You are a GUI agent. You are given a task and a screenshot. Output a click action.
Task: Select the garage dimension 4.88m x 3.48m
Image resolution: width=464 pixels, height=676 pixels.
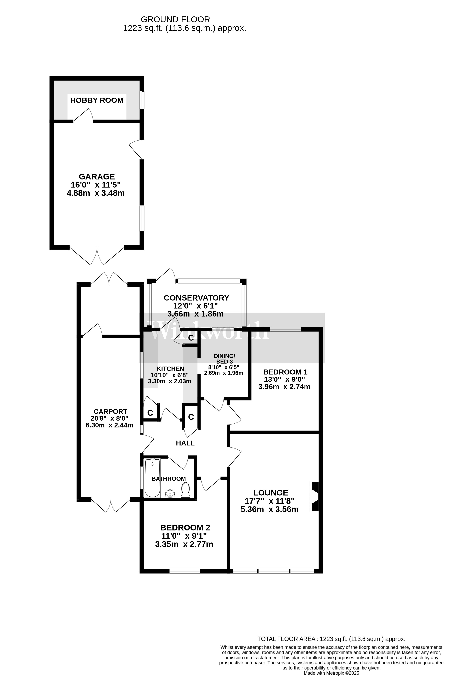(96, 193)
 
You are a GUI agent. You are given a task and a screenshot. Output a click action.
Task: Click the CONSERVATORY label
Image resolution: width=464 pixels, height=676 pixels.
(196, 298)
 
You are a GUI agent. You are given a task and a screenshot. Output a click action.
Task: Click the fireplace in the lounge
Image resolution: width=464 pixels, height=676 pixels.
(315, 496)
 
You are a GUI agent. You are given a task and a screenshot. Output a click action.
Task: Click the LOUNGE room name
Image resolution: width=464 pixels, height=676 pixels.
(271, 493)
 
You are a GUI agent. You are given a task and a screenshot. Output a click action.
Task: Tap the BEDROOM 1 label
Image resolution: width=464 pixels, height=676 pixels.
(285, 372)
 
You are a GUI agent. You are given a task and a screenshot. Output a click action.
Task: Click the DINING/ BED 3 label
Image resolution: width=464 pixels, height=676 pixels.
(224, 359)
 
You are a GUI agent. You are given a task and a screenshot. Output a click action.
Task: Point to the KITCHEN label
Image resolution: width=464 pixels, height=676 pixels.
(170, 369)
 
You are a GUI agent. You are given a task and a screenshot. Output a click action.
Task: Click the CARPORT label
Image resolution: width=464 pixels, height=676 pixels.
(110, 412)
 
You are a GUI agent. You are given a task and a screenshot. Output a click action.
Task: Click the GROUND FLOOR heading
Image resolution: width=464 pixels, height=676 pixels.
(175, 19)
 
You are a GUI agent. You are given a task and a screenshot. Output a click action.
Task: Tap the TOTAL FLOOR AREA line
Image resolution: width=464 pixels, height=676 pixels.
(331, 639)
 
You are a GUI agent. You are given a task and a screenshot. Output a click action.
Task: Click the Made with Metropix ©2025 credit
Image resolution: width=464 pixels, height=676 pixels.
(331, 673)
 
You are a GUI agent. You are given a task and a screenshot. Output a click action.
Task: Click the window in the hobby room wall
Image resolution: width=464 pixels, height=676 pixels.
(142, 100)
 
